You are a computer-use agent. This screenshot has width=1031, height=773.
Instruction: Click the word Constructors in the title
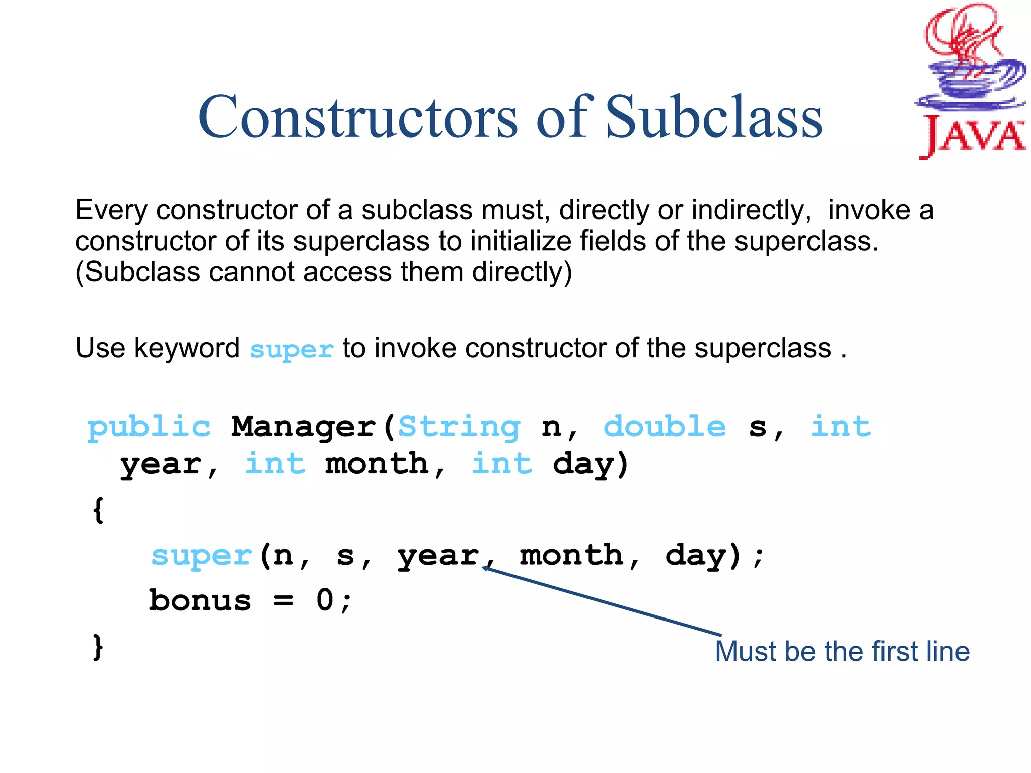(357, 117)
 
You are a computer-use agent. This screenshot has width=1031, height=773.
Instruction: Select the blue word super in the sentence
(291, 349)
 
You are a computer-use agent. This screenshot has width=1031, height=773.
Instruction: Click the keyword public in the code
(149, 427)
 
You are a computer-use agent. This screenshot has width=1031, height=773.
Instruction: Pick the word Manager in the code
(304, 427)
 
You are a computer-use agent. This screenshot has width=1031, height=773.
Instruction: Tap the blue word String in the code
(459, 427)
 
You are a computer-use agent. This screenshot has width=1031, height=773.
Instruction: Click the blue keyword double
(665, 427)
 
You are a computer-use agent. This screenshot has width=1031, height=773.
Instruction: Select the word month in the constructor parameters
(377, 464)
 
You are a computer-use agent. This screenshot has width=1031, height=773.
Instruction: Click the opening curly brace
(98, 510)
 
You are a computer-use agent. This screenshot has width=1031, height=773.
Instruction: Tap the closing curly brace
(98, 647)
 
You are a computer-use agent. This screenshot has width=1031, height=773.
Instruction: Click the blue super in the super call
(201, 556)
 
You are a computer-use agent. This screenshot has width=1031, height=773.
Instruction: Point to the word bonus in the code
(200, 601)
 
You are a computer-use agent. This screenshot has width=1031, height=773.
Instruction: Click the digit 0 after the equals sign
(325, 600)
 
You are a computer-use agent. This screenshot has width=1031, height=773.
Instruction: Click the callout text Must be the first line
(842, 651)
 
